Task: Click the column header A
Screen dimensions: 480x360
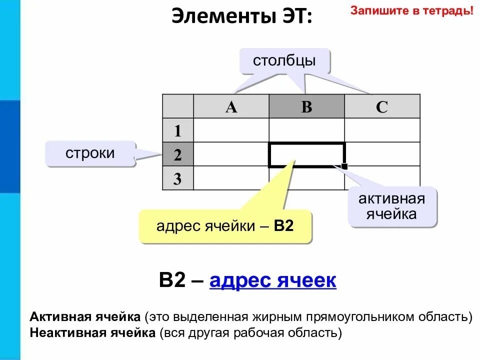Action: pyautogui.click(x=231, y=106)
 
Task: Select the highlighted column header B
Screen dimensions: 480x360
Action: pyautogui.click(x=306, y=106)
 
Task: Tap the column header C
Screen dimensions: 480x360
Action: pyautogui.click(x=382, y=106)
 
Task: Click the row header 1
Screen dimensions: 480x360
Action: pyautogui.click(x=177, y=130)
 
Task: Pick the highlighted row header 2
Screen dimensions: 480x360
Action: pyautogui.click(x=177, y=154)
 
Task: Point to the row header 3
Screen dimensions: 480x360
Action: pyautogui.click(x=177, y=178)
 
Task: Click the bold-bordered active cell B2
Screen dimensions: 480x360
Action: pyautogui.click(x=306, y=154)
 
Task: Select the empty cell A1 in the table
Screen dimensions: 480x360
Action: pyautogui.click(x=231, y=130)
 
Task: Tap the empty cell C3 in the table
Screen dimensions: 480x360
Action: pyautogui.click(x=382, y=178)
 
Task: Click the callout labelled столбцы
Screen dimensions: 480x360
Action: pyautogui.click(x=284, y=61)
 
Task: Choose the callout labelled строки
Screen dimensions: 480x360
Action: pyautogui.click(x=90, y=153)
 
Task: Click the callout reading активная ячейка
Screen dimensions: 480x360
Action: pyautogui.click(x=391, y=206)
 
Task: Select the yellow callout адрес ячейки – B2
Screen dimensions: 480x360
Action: pyautogui.click(x=225, y=226)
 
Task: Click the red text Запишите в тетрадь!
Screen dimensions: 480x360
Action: pyautogui.click(x=411, y=10)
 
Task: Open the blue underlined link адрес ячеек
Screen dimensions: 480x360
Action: pyautogui.click(x=273, y=280)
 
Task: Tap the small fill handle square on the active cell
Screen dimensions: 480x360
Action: pyautogui.click(x=344, y=166)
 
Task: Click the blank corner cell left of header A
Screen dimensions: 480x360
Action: pyautogui.click(x=177, y=106)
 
